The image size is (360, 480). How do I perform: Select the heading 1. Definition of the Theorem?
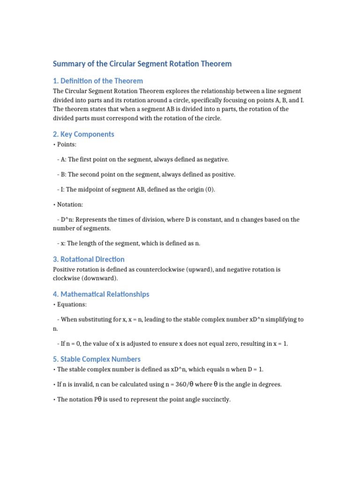[x=97, y=81]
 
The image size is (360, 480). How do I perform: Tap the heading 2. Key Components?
[x=83, y=134]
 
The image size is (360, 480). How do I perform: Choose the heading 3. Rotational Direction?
[x=89, y=259]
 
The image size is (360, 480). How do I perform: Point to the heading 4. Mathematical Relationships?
[x=101, y=294]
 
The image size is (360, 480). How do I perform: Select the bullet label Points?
[x=67, y=144]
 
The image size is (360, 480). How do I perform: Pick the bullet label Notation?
[x=69, y=204]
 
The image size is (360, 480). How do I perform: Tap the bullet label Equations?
[x=71, y=305]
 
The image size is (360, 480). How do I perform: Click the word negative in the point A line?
[x=214, y=159]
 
